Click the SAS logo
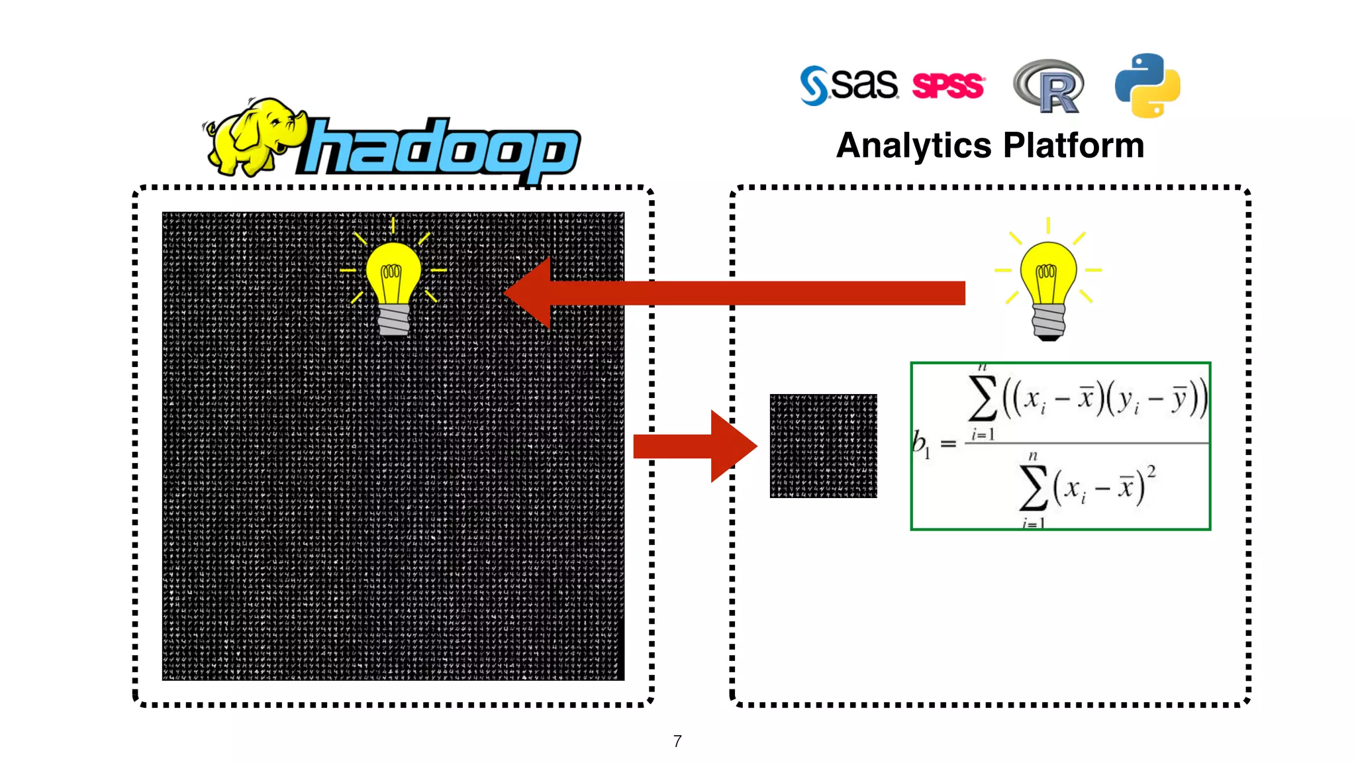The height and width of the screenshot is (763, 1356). click(849, 85)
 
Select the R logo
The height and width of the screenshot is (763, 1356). click(1049, 86)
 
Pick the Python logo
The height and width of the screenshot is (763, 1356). click(1147, 85)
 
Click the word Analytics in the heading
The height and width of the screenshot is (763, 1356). click(914, 146)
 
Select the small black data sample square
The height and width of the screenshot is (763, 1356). click(823, 446)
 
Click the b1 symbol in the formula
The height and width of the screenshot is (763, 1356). click(920, 444)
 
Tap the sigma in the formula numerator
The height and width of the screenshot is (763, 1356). click(983, 399)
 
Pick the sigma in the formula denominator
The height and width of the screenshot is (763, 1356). click(1034, 488)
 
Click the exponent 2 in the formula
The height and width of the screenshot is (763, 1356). click(1151, 472)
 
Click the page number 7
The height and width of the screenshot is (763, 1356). click(677, 741)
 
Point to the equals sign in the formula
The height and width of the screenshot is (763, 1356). click(948, 444)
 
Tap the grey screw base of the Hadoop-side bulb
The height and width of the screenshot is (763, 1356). click(394, 321)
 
